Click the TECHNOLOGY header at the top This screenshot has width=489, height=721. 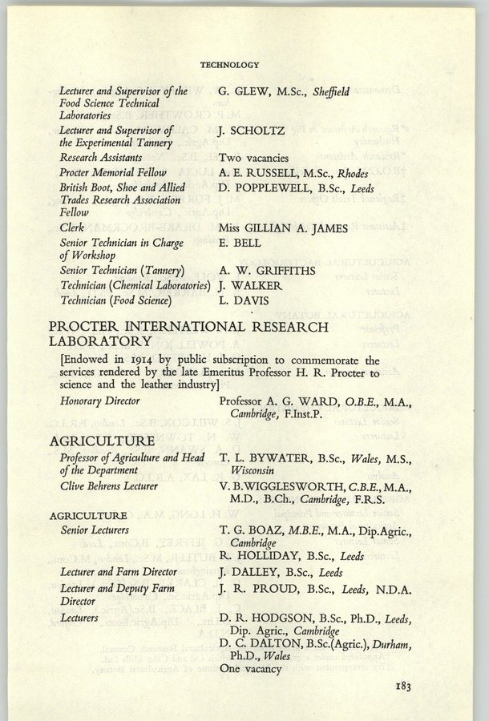(x=229, y=64)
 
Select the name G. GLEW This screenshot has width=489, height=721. (x=244, y=92)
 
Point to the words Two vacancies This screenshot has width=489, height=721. (x=253, y=158)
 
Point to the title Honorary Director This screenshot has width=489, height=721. (x=100, y=401)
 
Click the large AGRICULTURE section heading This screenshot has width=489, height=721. (x=102, y=441)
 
